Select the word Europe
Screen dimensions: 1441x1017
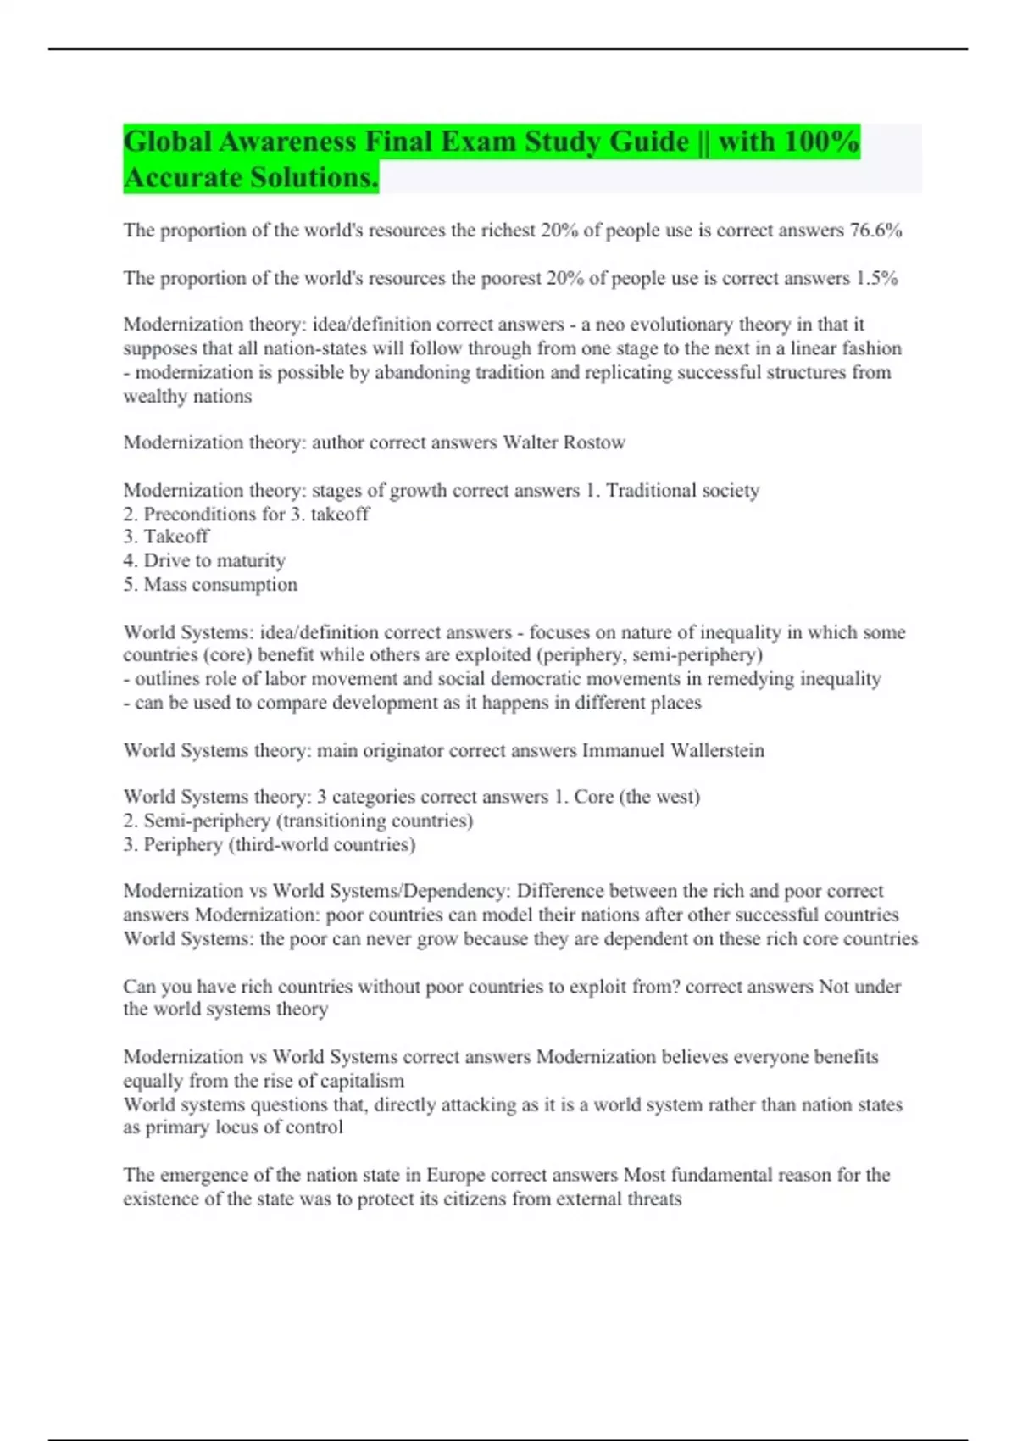tap(455, 1175)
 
